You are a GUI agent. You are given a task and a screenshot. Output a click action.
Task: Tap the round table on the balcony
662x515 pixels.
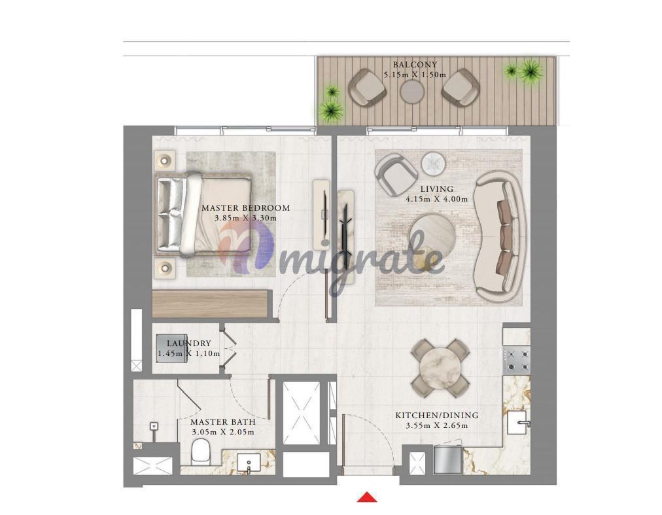pos(412,92)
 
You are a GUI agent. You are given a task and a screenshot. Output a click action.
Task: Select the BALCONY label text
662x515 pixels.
pos(415,65)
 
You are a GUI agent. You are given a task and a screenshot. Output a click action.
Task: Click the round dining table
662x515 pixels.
pos(440,368)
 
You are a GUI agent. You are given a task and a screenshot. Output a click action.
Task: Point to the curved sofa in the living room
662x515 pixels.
pos(500,237)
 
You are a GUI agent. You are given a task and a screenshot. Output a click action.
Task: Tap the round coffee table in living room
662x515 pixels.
pos(432,238)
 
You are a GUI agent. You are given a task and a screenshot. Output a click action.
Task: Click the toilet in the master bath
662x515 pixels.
pos(200,452)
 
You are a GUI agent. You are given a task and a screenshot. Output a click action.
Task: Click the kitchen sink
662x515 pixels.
pos(517,422)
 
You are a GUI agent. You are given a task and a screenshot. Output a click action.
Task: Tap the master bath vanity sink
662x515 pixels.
pos(249,464)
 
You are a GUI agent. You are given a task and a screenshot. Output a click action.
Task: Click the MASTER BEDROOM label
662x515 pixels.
pos(246,208)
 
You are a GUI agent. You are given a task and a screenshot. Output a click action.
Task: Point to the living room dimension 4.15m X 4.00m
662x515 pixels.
pos(436,199)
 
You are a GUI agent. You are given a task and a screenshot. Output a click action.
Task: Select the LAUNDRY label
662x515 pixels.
pos(188,344)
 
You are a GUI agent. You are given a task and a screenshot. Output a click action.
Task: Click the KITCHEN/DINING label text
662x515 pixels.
pos(437,416)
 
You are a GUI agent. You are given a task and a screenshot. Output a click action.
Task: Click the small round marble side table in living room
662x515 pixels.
pos(433,163)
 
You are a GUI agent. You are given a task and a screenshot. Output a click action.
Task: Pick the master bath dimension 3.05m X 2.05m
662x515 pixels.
pos(223,432)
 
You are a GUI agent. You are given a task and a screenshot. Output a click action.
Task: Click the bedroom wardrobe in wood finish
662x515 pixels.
pos(211,304)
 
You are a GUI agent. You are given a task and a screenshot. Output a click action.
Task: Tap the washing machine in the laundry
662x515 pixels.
pos(171,348)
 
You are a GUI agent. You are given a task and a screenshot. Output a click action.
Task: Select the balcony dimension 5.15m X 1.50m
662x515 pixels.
pos(415,75)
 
